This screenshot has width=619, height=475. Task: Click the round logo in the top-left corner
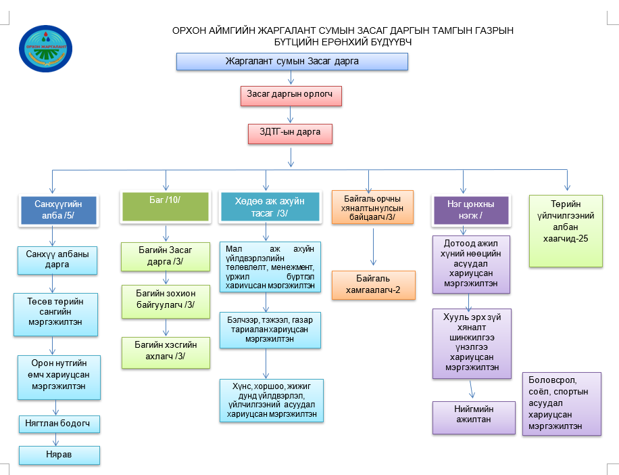tap(47, 48)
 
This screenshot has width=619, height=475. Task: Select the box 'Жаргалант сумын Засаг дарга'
tap(292, 62)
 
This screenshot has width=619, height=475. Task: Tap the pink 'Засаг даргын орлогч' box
tap(291, 96)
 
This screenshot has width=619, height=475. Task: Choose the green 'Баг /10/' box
tap(164, 206)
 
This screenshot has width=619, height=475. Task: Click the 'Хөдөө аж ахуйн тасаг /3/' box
tap(270, 207)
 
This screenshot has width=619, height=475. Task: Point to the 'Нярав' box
tap(59, 455)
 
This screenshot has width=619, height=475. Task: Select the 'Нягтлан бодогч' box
tap(59, 424)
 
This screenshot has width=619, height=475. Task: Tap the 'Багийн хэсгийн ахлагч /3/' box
tap(164, 352)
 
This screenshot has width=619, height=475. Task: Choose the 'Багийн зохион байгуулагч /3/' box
tap(164, 302)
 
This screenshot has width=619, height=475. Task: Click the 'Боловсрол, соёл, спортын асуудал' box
tap(561, 403)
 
